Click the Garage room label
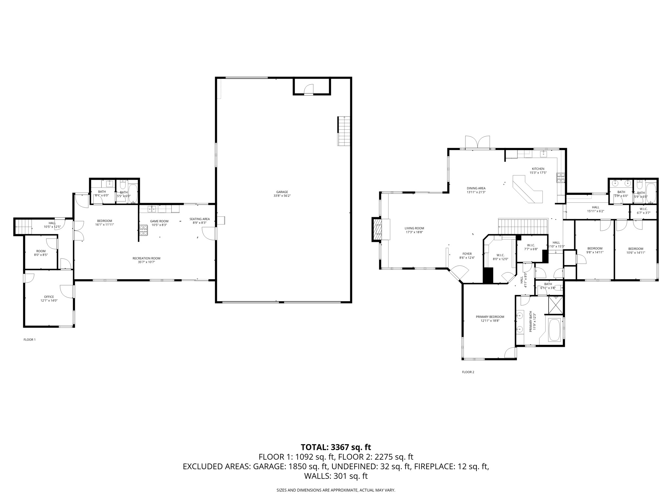tap(282, 194)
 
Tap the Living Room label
tap(414, 230)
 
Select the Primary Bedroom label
tap(490, 319)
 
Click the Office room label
tap(49, 299)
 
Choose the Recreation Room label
tap(146, 260)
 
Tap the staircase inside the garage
tap(344, 131)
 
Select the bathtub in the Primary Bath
tap(555, 330)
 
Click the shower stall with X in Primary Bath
tap(556, 305)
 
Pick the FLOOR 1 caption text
tap(30, 340)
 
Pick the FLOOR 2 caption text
tap(468, 372)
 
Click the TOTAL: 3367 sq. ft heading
tap(336, 447)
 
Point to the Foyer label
tap(467, 256)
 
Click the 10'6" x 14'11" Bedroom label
tap(636, 250)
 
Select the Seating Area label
tap(199, 221)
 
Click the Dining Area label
tap(476, 190)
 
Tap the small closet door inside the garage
tap(308, 89)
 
